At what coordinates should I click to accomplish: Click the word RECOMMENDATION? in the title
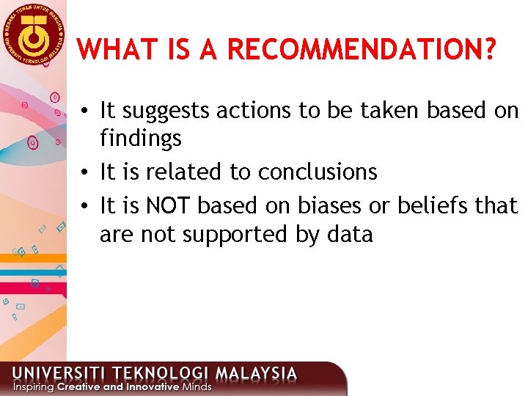362,50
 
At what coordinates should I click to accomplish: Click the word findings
141,139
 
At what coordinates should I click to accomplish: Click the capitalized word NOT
169,206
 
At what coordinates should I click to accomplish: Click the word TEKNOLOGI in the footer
150,373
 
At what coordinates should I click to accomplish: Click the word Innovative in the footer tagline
148,386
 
